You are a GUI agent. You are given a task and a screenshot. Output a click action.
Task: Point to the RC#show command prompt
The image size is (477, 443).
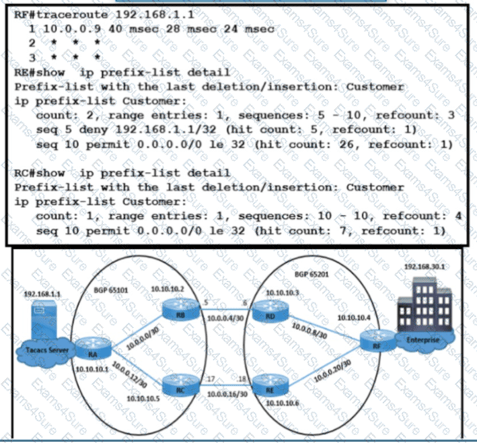coord(34,173)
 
